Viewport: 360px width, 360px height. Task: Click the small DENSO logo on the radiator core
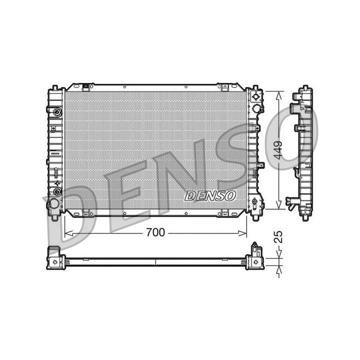pyautogui.click(x=210, y=195)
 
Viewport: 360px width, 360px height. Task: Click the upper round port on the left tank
pyautogui.click(x=57, y=111)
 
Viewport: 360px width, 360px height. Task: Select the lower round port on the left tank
pyautogui.click(x=57, y=191)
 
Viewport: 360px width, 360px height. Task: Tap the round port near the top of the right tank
pyautogui.click(x=256, y=108)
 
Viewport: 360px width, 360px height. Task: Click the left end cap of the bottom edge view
pyautogui.click(x=55, y=258)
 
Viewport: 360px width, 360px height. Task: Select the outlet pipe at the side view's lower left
pyautogui.click(x=291, y=202)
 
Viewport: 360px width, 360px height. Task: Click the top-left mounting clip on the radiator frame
pyautogui.click(x=87, y=87)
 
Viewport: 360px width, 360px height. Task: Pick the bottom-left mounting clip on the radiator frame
pyautogui.click(x=87, y=214)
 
